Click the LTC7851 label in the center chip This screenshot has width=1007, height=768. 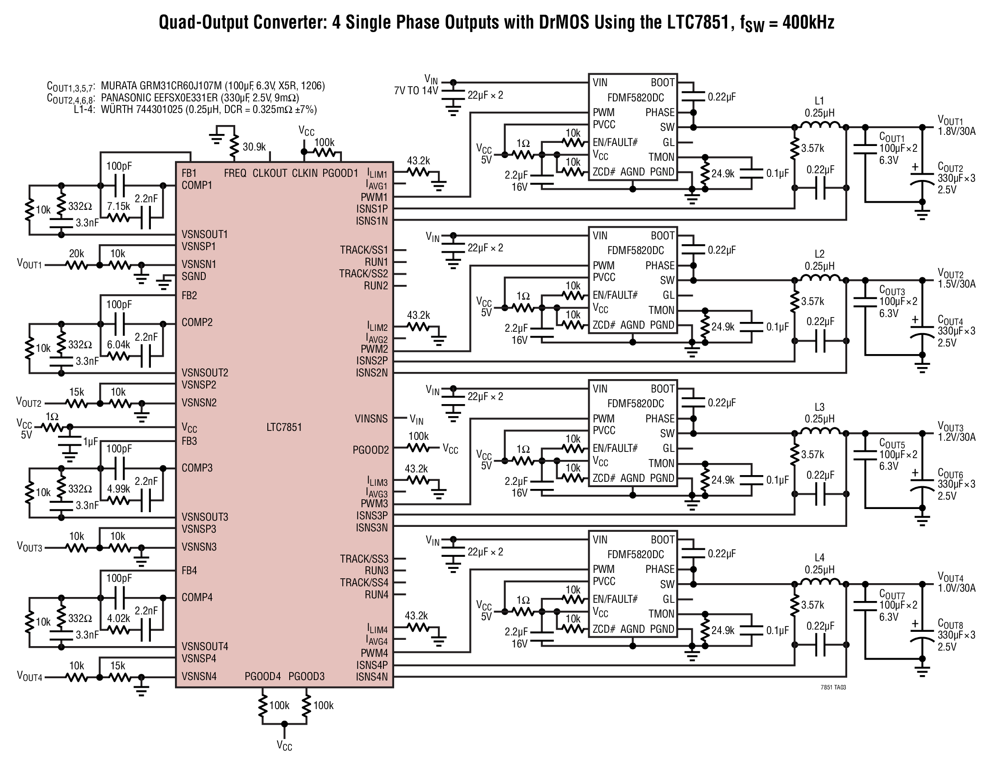click(x=284, y=427)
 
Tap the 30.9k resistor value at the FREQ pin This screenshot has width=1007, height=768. click(x=254, y=147)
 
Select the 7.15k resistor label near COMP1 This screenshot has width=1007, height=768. click(x=118, y=206)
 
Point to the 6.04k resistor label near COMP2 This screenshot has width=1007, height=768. click(x=118, y=345)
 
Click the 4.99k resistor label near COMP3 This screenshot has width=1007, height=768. click(x=118, y=488)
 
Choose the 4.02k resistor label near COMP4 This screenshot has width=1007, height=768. click(x=118, y=618)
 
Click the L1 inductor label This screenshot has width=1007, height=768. click(x=819, y=101)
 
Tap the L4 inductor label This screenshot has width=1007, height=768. click(x=819, y=558)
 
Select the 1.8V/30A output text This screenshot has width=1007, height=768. click(x=957, y=131)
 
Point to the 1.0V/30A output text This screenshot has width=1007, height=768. click(x=957, y=588)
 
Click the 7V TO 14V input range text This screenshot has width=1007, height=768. click(x=416, y=91)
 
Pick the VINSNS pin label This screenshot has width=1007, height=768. click(x=371, y=419)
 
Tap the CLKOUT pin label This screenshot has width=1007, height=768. click(x=270, y=173)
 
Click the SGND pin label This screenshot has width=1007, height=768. click(x=194, y=276)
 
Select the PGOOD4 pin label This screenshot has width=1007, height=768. click(x=262, y=676)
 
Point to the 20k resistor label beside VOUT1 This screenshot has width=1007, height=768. click(x=76, y=253)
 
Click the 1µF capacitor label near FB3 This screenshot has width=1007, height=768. click(x=91, y=442)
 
